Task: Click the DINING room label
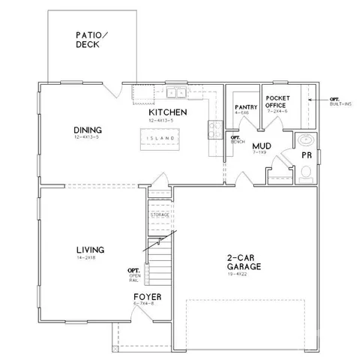88,129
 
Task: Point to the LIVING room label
89,250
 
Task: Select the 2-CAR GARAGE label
244,262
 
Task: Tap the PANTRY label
246,107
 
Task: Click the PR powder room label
306,154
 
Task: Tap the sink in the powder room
306,140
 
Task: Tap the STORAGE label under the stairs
160,214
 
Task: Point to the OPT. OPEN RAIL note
134,274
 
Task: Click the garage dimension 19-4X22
244,274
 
